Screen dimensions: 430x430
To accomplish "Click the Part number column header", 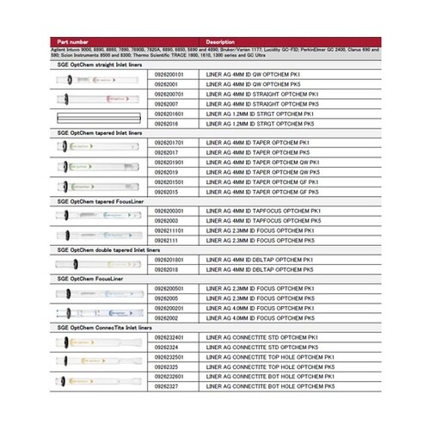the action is (72, 42).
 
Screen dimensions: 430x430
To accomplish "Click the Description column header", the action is (221, 42).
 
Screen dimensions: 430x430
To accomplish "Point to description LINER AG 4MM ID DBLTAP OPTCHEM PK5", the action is (258, 269).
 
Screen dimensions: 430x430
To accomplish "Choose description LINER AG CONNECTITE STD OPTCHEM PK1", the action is (261, 337).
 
